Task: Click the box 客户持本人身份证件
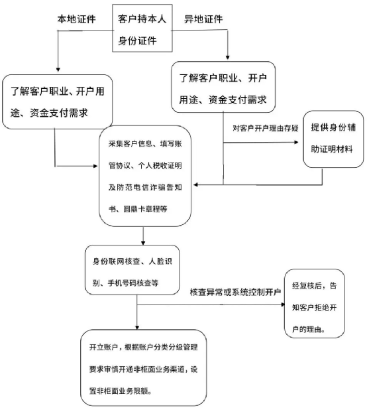coord(142,28)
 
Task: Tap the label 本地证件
coord(76,19)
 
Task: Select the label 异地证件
coord(203,19)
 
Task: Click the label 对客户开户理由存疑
coord(266,128)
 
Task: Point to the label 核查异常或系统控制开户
coord(235,292)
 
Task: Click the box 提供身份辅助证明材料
coord(333,139)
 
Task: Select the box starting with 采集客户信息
coord(145,176)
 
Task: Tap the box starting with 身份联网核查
coord(132,270)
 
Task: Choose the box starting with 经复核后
coord(314,303)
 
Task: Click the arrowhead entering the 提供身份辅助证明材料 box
coord(296,142)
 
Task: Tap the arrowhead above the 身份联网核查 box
coord(143,243)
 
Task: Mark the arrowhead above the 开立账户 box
coord(137,327)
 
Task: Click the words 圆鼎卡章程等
coord(145,209)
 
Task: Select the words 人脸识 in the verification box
coord(160,261)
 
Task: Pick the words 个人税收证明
coord(160,165)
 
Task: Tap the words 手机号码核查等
coord(133,283)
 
